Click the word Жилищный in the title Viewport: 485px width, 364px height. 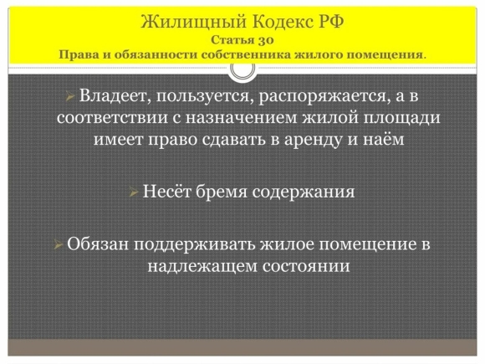[194, 23]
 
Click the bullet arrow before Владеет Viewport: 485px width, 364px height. [70, 96]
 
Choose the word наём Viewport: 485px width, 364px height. [384, 139]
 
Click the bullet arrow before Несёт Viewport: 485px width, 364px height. [134, 192]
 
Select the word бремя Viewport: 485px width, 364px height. [222, 192]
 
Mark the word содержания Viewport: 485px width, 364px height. [304, 192]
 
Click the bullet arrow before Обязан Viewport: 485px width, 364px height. [59, 245]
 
